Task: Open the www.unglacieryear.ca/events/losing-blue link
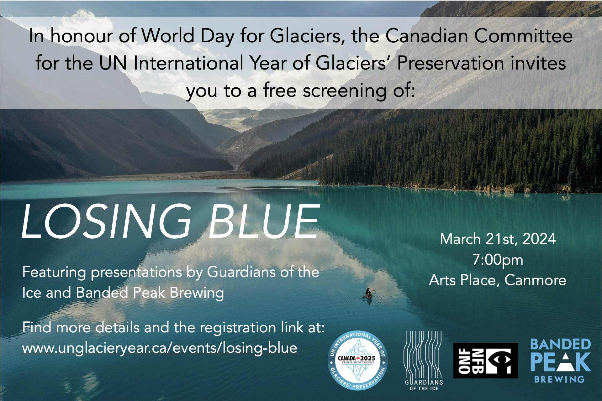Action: [160, 348]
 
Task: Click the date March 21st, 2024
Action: [498, 239]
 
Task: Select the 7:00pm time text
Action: [498, 260]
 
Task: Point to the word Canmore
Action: [536, 280]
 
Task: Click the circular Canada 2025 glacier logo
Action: [358, 361]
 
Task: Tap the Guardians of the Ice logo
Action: [424, 361]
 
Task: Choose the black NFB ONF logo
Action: [485, 361]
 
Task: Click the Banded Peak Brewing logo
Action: [561, 361]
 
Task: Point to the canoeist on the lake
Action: [368, 294]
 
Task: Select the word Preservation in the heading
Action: [451, 63]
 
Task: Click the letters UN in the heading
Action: [113, 63]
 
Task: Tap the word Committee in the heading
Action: [524, 36]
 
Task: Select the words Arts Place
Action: [464, 280]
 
